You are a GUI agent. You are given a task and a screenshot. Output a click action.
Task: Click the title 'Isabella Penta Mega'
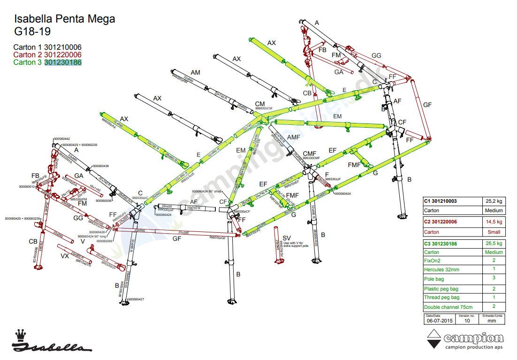point(65,19)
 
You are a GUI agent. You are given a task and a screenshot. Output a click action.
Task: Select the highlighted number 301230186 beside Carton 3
point(63,62)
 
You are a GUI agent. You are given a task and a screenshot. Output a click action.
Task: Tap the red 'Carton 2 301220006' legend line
point(47,54)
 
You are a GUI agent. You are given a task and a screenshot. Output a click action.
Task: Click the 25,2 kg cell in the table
point(494,201)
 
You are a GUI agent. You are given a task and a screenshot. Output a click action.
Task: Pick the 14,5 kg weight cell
point(494,222)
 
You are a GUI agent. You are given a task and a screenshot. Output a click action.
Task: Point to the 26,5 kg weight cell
point(494,243)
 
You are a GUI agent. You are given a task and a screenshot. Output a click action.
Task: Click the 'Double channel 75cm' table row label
point(448,306)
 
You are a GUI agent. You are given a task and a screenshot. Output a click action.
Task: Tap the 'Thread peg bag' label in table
point(441,297)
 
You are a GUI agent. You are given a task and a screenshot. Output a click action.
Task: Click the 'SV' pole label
point(287,238)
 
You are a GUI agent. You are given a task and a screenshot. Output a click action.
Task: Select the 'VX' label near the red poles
point(64,256)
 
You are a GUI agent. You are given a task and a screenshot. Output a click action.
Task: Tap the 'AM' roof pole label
point(195,72)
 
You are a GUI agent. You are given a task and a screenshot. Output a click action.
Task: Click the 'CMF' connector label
point(310,154)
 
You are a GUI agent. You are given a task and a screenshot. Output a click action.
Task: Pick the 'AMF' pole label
point(293,137)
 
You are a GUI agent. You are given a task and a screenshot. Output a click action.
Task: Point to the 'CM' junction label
point(260,104)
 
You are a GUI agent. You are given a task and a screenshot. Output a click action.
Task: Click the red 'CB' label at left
point(33,241)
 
